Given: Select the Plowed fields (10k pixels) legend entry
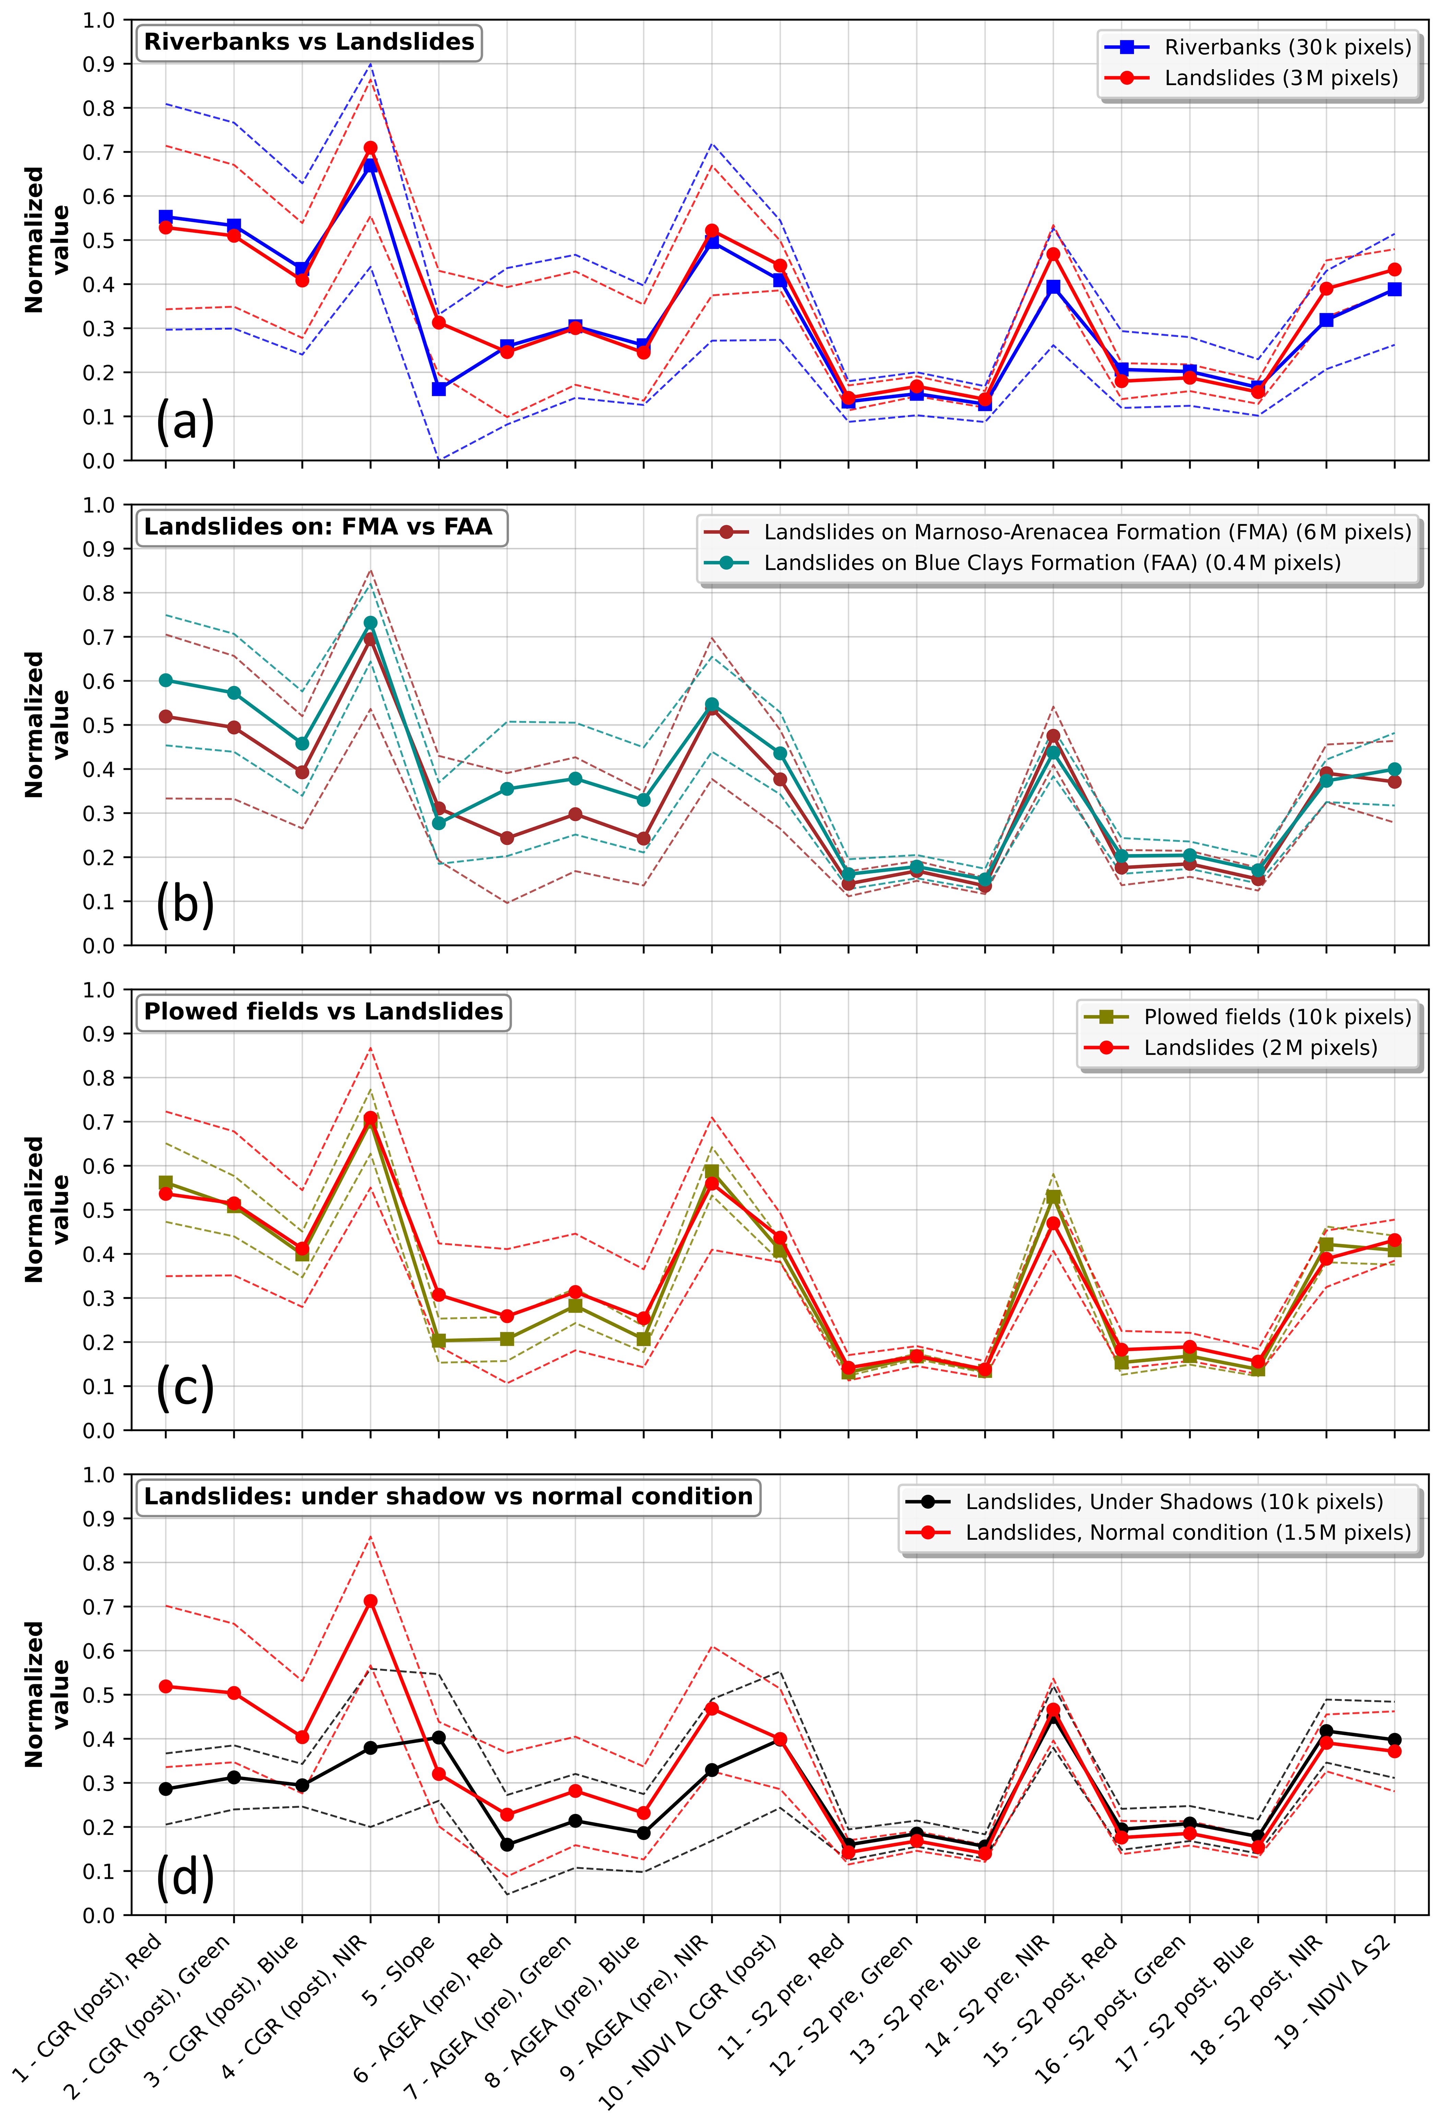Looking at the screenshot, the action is (x=1248, y=1017).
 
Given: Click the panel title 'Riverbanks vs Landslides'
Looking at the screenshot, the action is (x=309, y=42).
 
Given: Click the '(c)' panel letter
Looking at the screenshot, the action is (x=186, y=1389).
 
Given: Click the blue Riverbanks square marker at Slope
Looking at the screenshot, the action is (x=439, y=389).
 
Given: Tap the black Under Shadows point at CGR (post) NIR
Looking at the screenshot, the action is (x=370, y=1747).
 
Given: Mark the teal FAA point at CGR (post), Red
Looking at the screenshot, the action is (x=165, y=680).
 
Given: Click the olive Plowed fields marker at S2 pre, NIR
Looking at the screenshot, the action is (x=1053, y=1197).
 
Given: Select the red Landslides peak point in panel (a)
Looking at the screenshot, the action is (x=370, y=148).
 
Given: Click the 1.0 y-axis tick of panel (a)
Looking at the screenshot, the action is (x=103, y=20).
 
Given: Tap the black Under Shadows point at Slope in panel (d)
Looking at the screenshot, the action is (x=439, y=1737).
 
